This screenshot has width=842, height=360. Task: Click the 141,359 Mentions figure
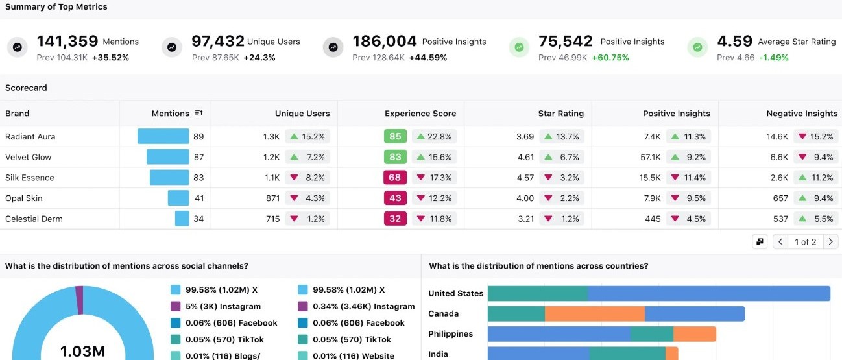(x=67, y=42)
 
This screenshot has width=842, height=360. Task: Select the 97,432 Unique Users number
(x=218, y=42)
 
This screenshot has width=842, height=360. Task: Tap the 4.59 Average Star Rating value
(x=735, y=42)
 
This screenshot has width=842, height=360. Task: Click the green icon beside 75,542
(x=519, y=47)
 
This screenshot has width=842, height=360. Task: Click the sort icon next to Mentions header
(x=198, y=113)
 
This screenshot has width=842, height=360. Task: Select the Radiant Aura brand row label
(x=30, y=137)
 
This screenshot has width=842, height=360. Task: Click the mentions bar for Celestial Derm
(x=182, y=219)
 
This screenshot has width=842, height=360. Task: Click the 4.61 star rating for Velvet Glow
(x=525, y=157)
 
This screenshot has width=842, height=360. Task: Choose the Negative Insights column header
(x=802, y=114)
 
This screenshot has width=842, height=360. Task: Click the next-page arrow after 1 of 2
(x=830, y=242)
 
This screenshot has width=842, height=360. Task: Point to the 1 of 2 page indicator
(x=805, y=242)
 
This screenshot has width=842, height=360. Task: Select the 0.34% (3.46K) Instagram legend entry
(x=356, y=306)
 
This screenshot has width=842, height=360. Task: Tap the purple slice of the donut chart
(x=80, y=300)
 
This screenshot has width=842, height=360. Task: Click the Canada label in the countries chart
(x=444, y=314)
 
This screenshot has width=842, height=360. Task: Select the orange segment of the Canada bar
(x=595, y=314)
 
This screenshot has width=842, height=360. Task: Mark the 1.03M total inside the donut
(x=82, y=352)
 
